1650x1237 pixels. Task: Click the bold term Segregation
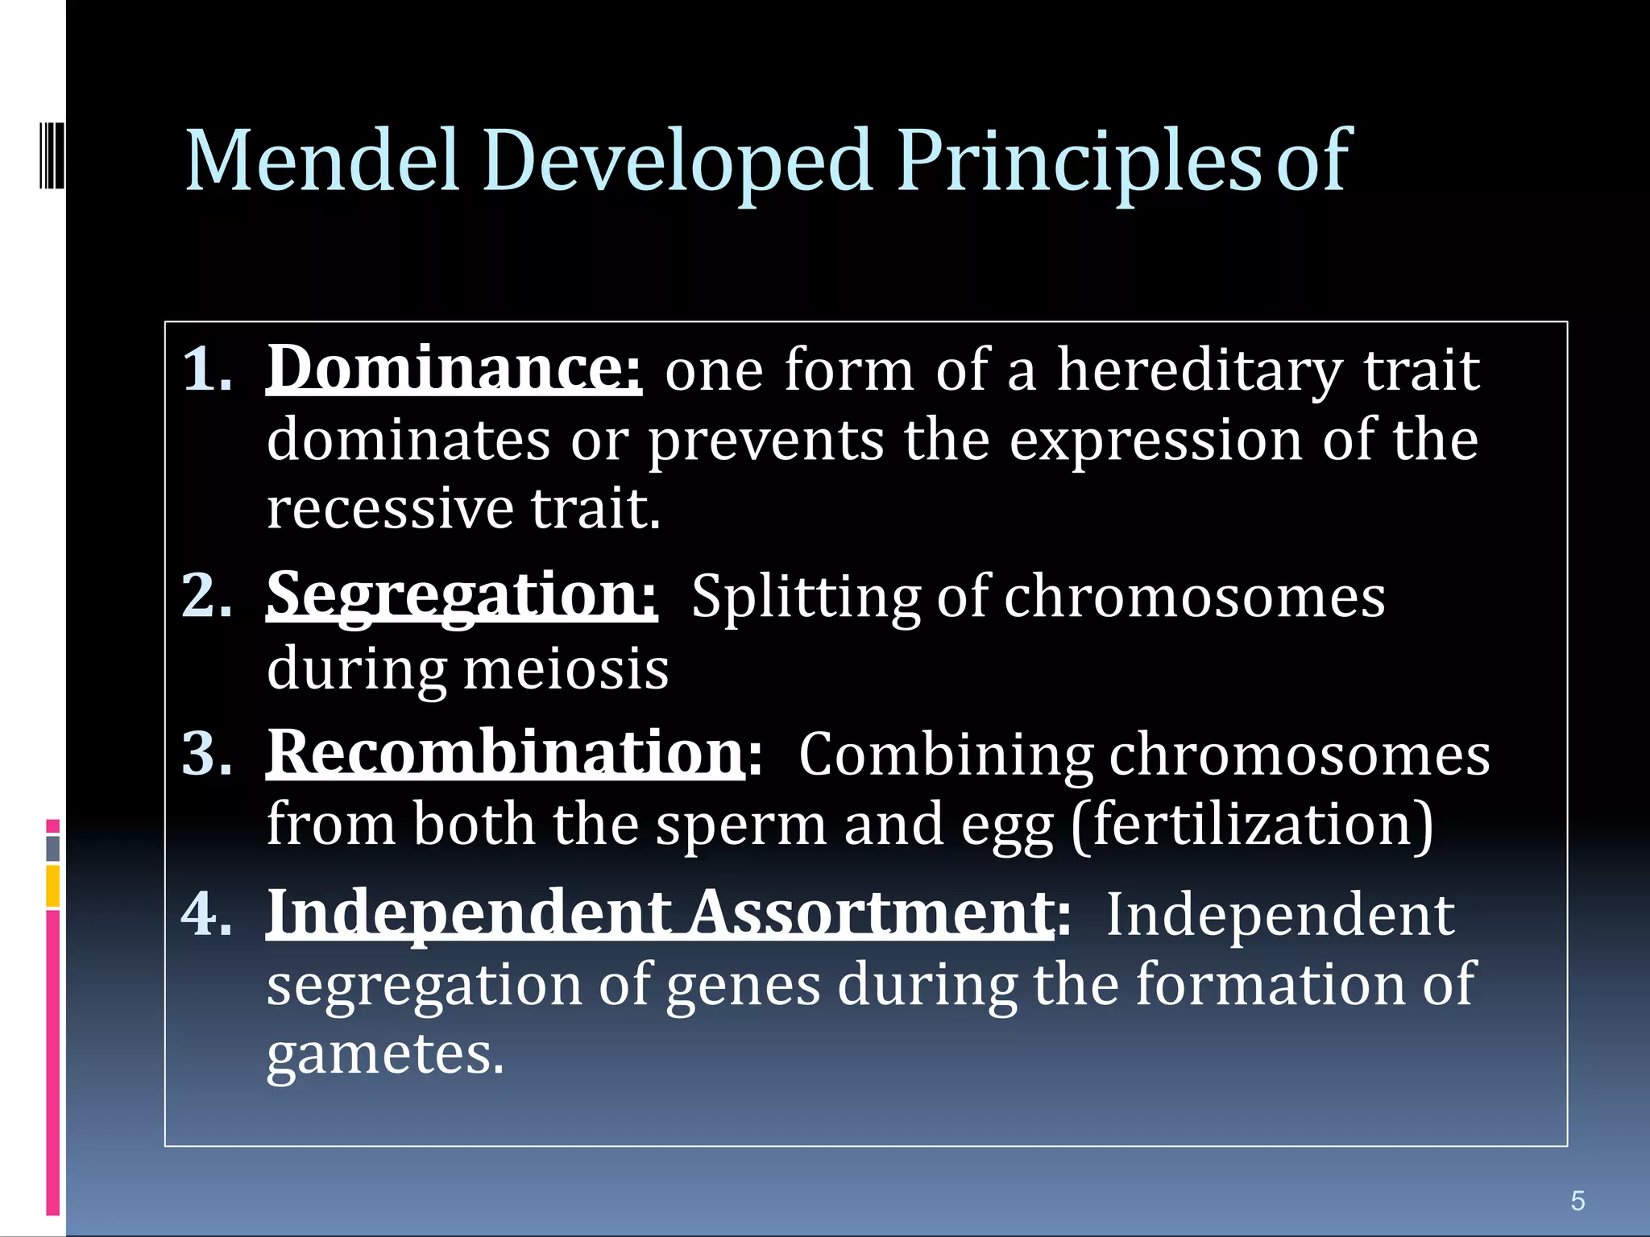(462, 596)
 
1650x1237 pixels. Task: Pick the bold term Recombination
(506, 754)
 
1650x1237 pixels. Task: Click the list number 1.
(206, 370)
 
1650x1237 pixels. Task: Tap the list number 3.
(206, 755)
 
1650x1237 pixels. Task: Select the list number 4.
(206, 914)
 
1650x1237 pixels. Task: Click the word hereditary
(1199, 370)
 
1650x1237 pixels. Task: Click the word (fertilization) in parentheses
(1252, 825)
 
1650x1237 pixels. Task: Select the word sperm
(740, 825)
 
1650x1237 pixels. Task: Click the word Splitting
(805, 598)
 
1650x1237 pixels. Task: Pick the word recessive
(390, 509)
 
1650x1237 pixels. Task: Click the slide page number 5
(1577, 1201)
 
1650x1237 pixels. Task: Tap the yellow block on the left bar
(53, 886)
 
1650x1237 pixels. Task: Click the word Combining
(945, 755)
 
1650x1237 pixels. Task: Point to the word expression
(1155, 441)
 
